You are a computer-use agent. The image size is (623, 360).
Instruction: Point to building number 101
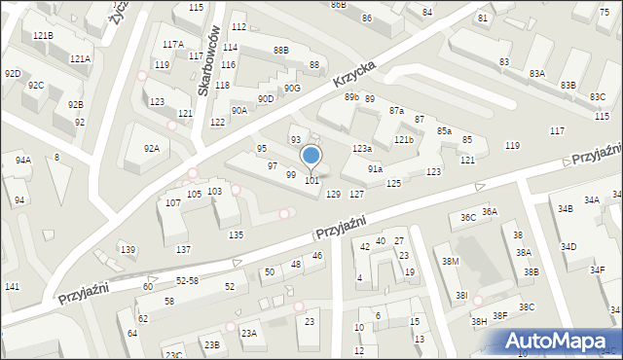(312, 181)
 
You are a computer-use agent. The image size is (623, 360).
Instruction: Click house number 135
(236, 235)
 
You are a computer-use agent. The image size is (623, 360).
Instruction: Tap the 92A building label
(151, 149)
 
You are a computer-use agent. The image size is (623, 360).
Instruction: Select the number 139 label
(128, 250)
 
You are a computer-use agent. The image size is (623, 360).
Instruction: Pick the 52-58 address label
(187, 280)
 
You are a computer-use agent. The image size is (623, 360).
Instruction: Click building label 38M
(450, 262)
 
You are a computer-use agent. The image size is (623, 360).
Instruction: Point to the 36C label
(468, 218)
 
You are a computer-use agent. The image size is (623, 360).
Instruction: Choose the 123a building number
(362, 148)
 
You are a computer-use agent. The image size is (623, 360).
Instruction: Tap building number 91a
(375, 169)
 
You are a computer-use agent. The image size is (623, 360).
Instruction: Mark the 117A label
(173, 45)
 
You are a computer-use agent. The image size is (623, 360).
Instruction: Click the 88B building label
(281, 50)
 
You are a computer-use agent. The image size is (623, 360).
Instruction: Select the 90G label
(292, 89)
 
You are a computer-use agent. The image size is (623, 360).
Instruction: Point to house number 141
(12, 286)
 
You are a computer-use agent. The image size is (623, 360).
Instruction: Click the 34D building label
(568, 247)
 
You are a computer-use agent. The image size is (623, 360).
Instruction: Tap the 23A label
(249, 334)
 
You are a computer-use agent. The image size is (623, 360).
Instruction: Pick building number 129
(333, 195)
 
